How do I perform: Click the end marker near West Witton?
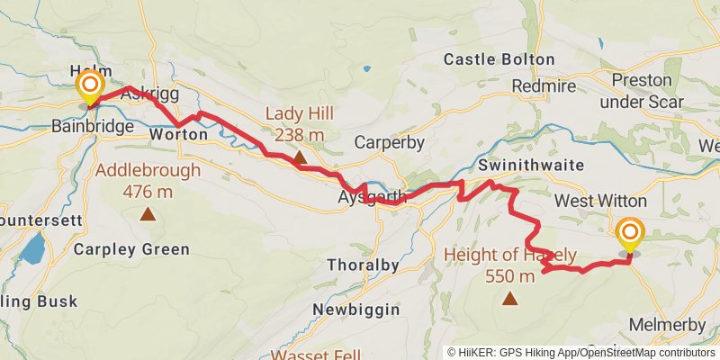click(x=629, y=237)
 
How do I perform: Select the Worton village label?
click(x=178, y=134)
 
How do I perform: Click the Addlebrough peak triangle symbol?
click(x=147, y=213)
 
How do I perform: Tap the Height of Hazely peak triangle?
click(x=510, y=298)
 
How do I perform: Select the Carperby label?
click(x=388, y=142)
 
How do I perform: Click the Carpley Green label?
click(x=132, y=249)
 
